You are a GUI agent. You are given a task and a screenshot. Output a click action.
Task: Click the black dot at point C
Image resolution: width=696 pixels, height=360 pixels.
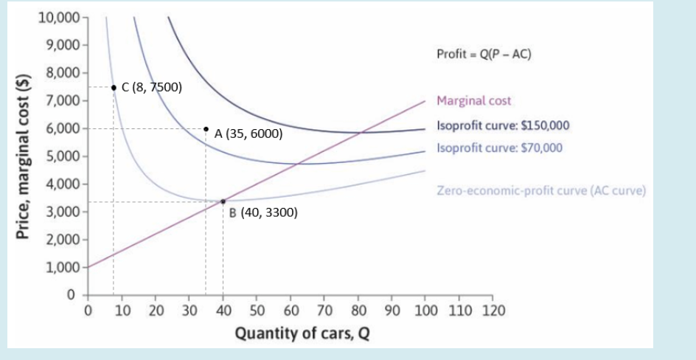pos(114,87)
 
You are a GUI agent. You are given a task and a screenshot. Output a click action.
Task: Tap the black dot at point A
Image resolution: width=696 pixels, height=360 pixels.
pos(206,128)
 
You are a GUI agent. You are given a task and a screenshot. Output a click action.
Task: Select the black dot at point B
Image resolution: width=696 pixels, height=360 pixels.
pos(223,201)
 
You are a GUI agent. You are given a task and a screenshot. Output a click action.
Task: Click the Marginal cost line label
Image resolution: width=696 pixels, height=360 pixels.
pos(473,101)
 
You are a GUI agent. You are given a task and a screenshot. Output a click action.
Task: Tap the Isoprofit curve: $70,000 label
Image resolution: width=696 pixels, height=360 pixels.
pos(499,148)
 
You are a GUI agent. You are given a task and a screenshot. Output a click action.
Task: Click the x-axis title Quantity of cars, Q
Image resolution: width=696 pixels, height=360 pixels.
pos(302,333)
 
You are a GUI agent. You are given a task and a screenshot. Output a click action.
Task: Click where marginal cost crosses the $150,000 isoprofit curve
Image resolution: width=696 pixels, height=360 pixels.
pos(359,133)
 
